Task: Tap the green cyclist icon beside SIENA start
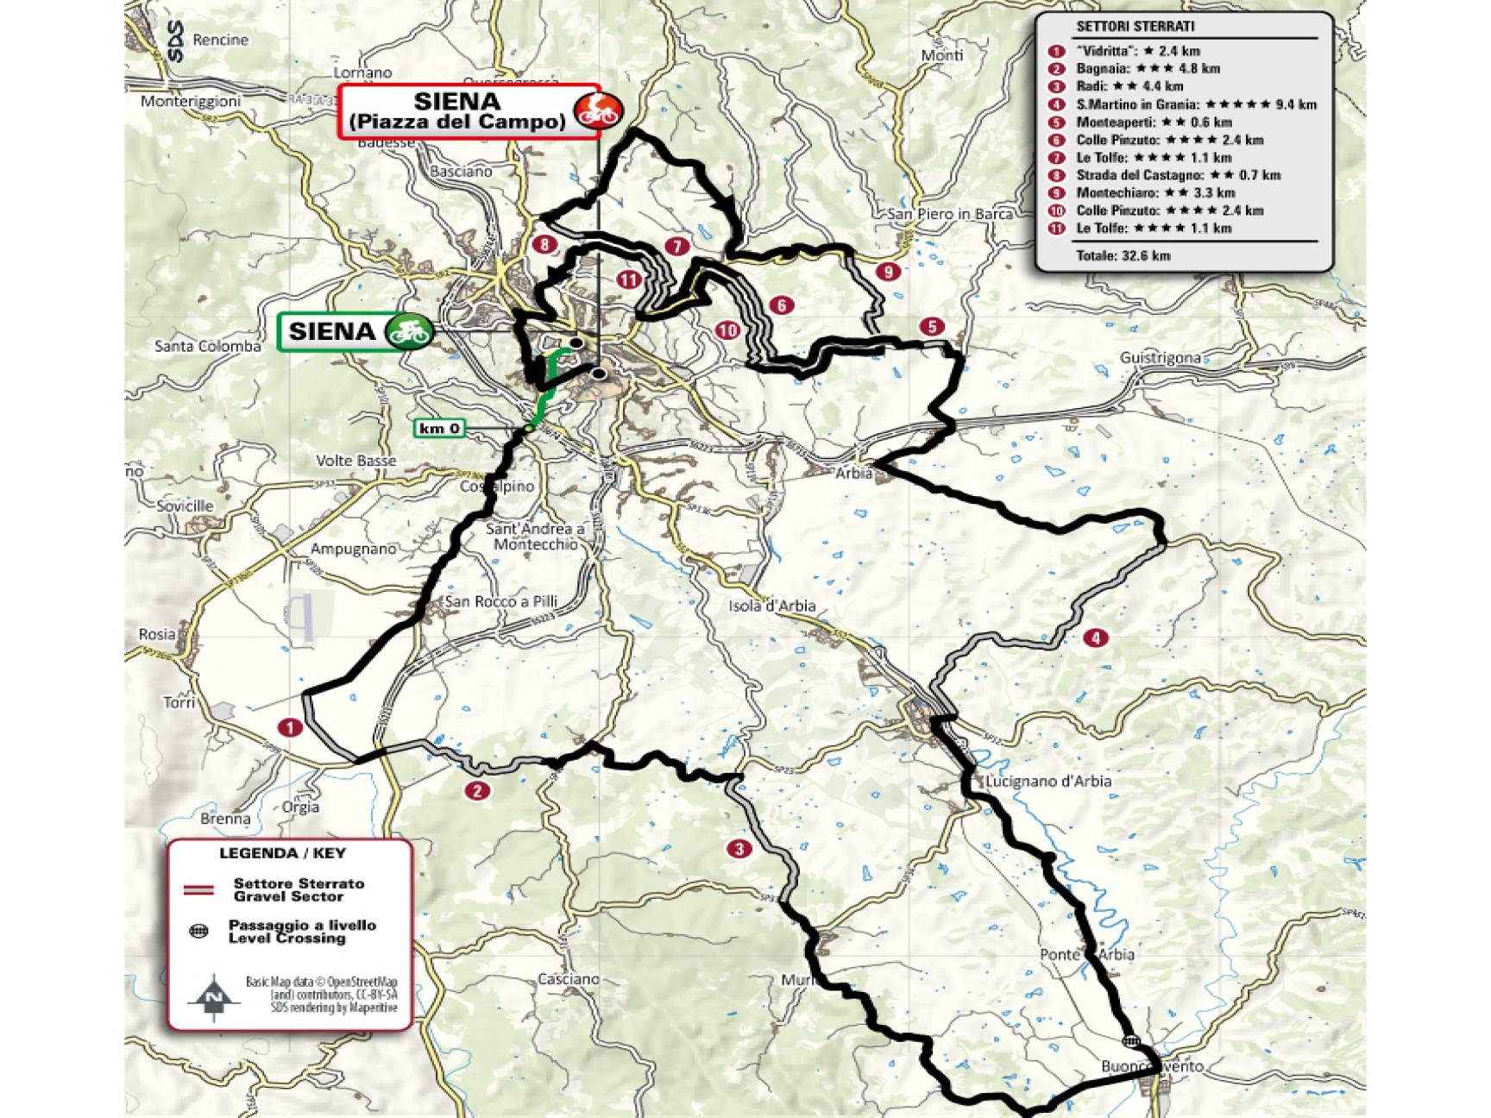[408, 330]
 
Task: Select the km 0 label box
[440, 428]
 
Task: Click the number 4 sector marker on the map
[1095, 638]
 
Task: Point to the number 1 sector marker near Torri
[290, 728]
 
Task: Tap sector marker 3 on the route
[739, 849]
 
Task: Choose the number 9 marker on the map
[888, 271]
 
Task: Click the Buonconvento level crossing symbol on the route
[1130, 1041]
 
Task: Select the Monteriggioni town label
[191, 101]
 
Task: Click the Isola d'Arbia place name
[772, 606]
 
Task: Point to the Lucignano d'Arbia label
[1048, 781]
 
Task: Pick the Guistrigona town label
[1160, 357]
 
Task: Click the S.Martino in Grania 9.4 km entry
[1196, 104]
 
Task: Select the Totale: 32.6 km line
[1123, 255]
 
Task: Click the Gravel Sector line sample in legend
[199, 889]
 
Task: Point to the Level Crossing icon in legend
[199, 932]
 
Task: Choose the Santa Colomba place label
[207, 346]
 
